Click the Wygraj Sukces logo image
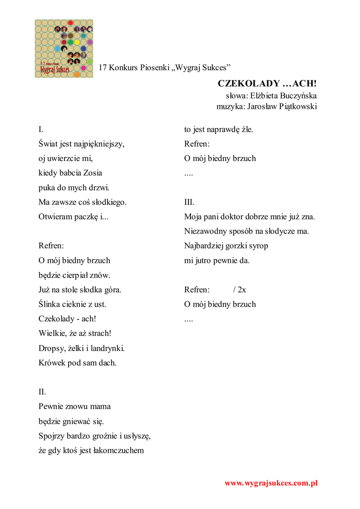64,48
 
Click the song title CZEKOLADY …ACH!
267,83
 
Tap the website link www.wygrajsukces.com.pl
270,483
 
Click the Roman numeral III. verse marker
189,202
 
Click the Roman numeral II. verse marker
42,392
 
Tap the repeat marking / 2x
239,290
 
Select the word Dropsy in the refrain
51,348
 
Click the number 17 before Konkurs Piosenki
103,67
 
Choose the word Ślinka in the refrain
50,304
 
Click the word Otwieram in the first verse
55,217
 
